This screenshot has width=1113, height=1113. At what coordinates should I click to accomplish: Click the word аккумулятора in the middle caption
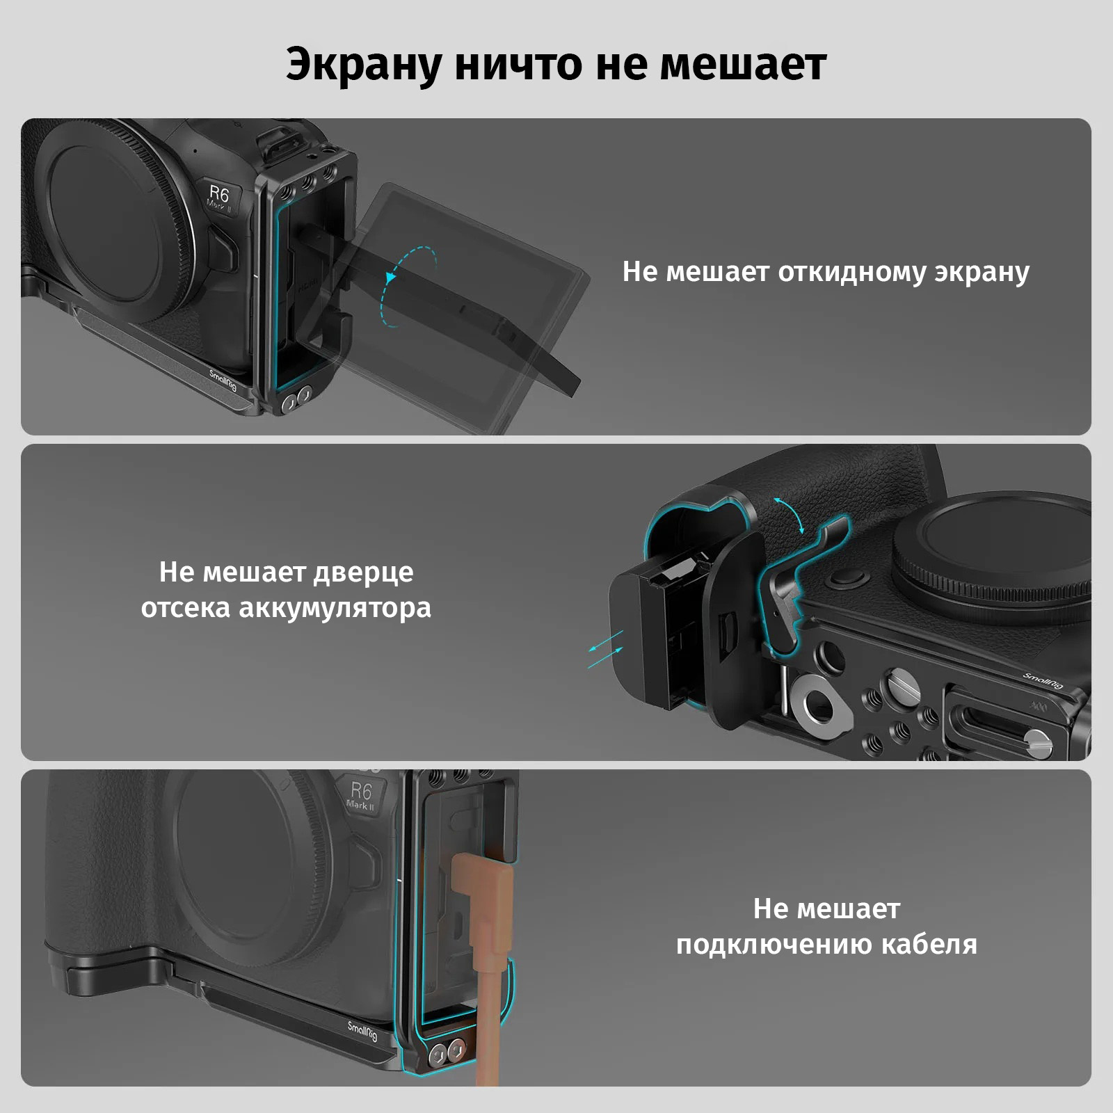click(x=335, y=608)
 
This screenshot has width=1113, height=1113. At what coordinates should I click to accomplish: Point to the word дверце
click(x=363, y=572)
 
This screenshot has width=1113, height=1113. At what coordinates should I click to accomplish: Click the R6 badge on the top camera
click(x=220, y=198)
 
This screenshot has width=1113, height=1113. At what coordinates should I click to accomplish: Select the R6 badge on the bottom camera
click(x=361, y=794)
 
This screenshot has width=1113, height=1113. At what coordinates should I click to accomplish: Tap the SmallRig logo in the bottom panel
click(x=362, y=1031)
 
